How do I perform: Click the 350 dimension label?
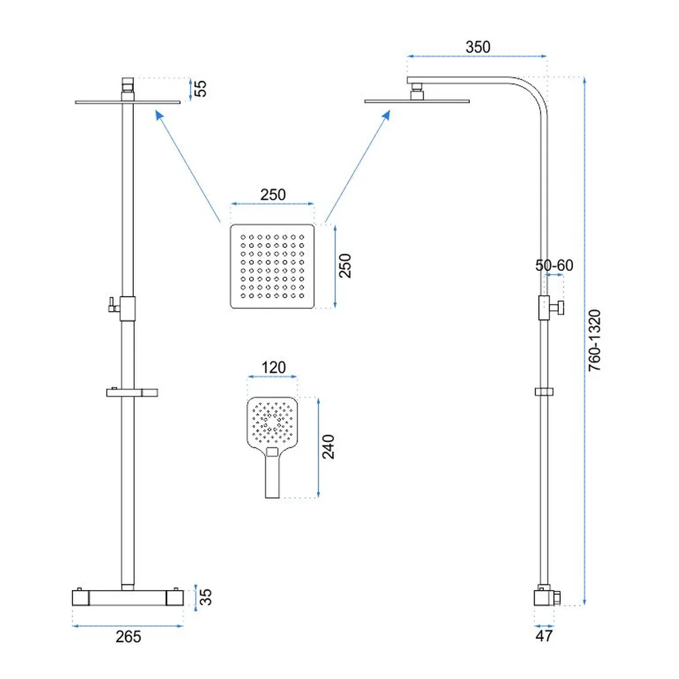click(x=477, y=47)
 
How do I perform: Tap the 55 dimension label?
click(x=200, y=89)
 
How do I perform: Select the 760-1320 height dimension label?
click(x=595, y=340)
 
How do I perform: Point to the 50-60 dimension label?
click(x=554, y=265)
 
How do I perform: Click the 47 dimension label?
click(x=544, y=636)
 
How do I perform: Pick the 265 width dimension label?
click(x=128, y=637)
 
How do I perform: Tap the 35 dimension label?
click(x=206, y=597)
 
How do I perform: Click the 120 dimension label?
click(x=273, y=367)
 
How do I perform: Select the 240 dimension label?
click(x=328, y=447)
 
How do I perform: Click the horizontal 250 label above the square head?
click(x=273, y=194)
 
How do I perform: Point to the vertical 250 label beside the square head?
click(x=345, y=265)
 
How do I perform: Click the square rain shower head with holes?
click(x=272, y=266)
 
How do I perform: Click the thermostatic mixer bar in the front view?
click(x=128, y=598)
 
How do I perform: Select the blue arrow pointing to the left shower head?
click(x=188, y=166)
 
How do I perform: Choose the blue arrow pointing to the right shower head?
click(x=358, y=166)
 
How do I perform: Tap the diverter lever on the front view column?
click(x=113, y=305)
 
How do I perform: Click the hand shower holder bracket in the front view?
click(x=132, y=392)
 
